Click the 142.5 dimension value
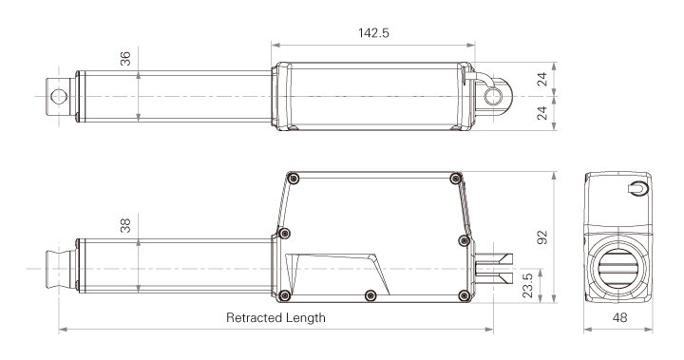371,32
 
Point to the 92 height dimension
542,236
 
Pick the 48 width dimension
618,318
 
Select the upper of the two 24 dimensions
542,80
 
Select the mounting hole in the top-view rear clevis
491,97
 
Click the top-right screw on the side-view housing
457,178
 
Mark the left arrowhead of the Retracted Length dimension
62,330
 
